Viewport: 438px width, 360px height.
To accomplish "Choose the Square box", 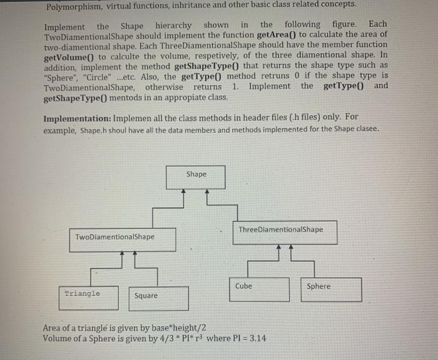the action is coord(159,298).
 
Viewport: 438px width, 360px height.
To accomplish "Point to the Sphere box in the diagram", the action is coord(330,289).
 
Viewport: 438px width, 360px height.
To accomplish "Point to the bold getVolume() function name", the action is coord(69,56).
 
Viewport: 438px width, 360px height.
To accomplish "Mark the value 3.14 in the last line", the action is coord(256,338).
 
